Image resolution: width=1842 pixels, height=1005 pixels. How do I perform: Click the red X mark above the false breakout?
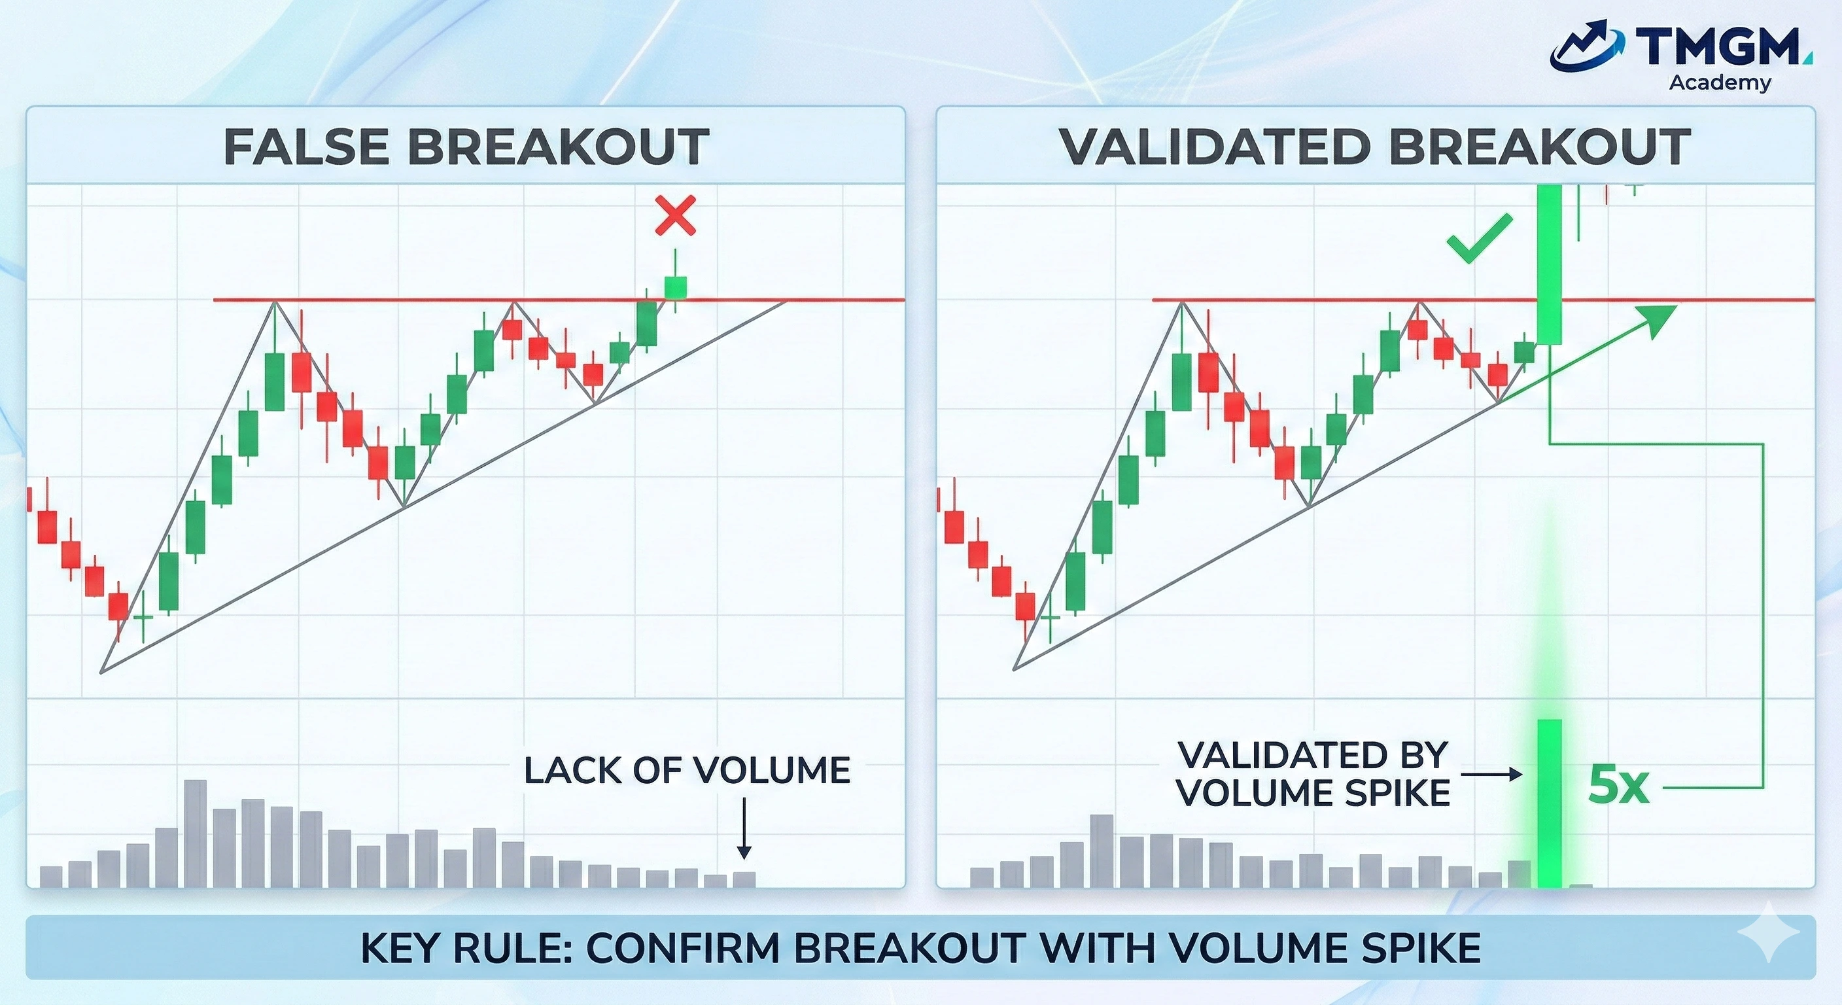click(675, 217)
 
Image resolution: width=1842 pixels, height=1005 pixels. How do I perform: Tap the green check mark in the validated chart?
click(1479, 239)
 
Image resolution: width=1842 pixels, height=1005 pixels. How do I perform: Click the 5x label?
click(1618, 786)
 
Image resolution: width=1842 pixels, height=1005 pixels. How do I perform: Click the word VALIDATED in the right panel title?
click(1215, 147)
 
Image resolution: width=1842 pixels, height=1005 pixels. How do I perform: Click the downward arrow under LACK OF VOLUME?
click(744, 830)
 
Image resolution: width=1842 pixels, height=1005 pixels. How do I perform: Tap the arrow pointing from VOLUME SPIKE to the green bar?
click(1491, 774)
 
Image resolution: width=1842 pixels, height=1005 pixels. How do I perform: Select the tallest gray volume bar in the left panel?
click(195, 834)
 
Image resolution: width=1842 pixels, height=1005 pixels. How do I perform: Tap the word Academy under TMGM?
click(1720, 83)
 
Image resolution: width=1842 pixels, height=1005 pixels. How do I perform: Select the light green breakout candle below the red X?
click(675, 287)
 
